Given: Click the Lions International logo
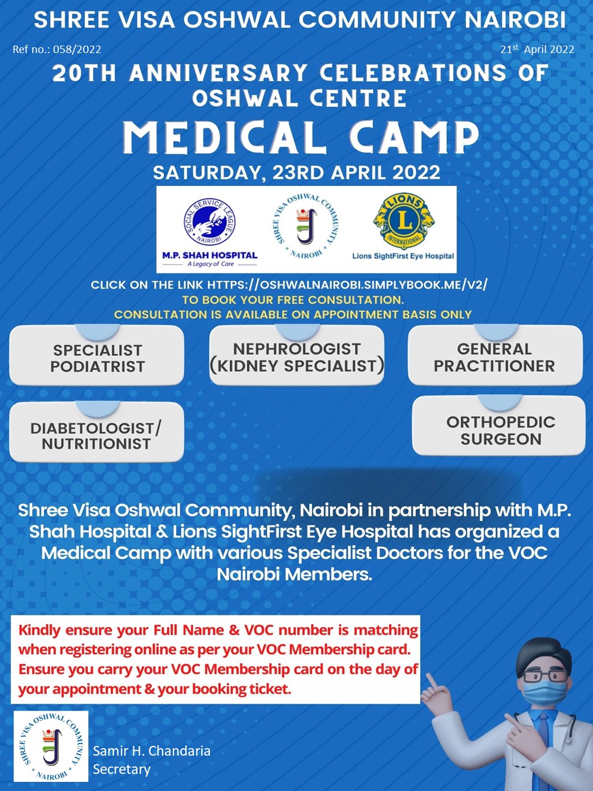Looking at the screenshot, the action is pyautogui.click(x=404, y=221).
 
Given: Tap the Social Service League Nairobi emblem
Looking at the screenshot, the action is pyautogui.click(x=210, y=221).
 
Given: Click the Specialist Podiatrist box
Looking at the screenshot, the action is pyautogui.click(x=97, y=355).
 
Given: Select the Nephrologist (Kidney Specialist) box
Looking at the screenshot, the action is pyautogui.click(x=297, y=355).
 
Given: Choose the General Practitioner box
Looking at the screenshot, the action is pyautogui.click(x=495, y=355).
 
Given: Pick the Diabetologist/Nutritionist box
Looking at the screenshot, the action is pyautogui.click(x=97, y=432).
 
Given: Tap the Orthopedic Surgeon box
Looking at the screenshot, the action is pyautogui.click(x=499, y=425).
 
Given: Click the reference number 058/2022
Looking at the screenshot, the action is pyautogui.click(x=77, y=49).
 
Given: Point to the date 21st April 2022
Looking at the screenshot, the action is pyautogui.click(x=537, y=49).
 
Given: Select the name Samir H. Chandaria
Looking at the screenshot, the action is pyautogui.click(x=152, y=751).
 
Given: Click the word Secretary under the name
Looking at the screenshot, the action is pyautogui.click(x=122, y=770).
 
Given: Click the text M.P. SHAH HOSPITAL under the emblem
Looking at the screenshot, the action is pyautogui.click(x=210, y=255).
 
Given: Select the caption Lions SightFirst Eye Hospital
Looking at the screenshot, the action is pyautogui.click(x=403, y=256).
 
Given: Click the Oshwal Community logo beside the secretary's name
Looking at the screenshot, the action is pyautogui.click(x=51, y=746).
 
